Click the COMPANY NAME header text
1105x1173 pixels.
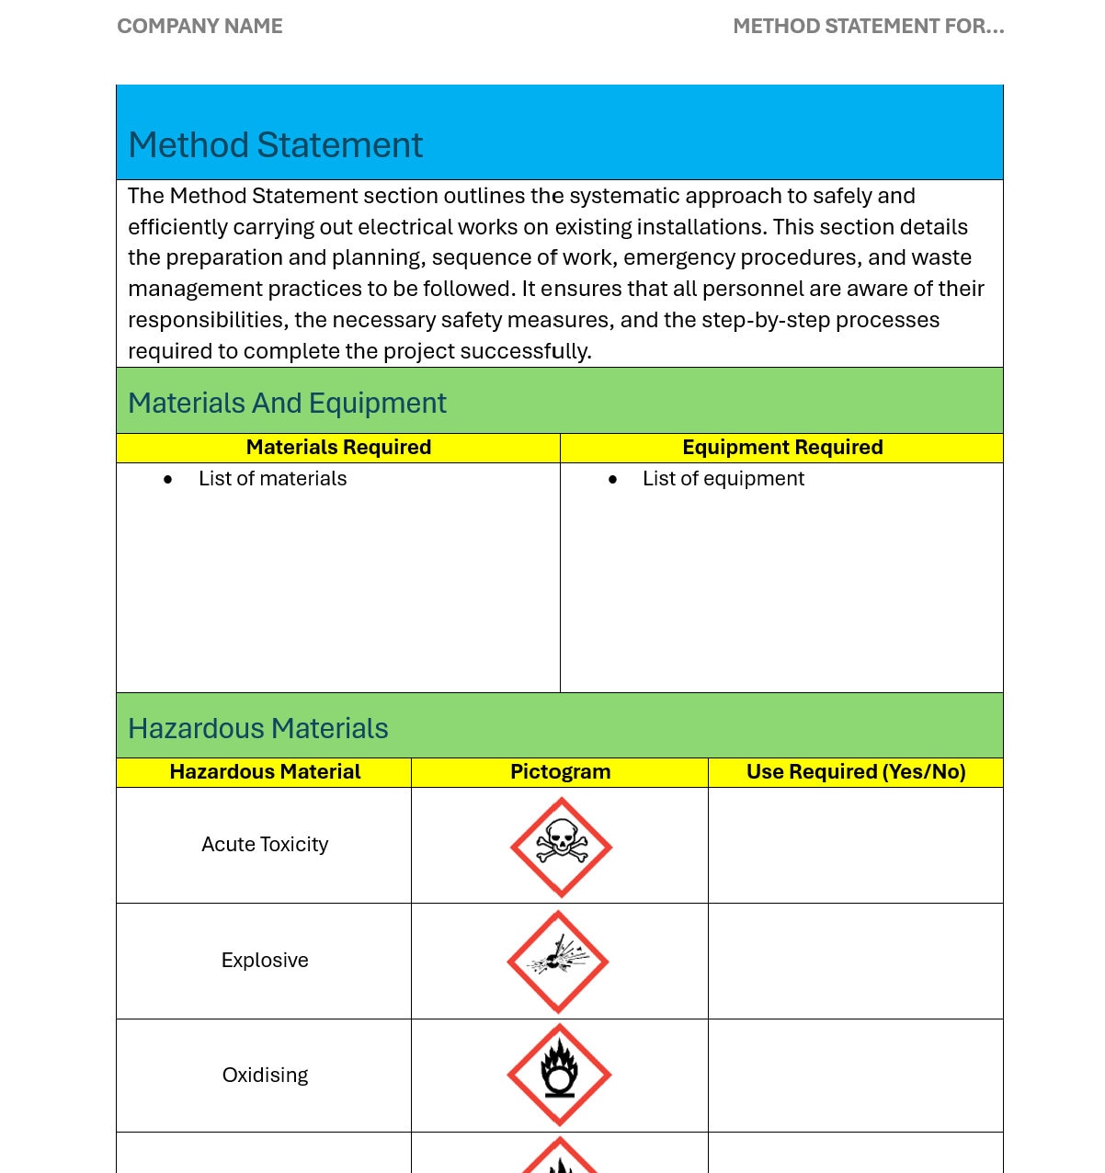point(199,27)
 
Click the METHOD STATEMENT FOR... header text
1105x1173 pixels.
point(868,27)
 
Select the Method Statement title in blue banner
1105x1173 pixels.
point(275,145)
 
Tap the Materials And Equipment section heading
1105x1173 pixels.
point(287,403)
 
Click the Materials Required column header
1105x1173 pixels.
point(338,448)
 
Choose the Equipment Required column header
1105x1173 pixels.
point(782,448)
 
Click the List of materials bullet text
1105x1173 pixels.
point(272,479)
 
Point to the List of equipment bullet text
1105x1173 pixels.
point(723,479)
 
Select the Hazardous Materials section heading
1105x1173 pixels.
point(258,728)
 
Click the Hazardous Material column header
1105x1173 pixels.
point(265,772)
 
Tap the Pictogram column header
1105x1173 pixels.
point(560,772)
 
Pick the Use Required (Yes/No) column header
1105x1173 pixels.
point(856,772)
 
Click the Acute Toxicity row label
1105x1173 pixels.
point(265,845)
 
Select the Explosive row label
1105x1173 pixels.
point(265,961)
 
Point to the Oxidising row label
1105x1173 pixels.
point(265,1076)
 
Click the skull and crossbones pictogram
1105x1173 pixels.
point(561,847)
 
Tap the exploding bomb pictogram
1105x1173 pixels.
point(558,962)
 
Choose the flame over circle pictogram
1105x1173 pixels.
point(559,1075)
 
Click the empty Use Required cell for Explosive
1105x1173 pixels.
point(856,962)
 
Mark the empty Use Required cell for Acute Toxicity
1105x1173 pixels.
point(856,846)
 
